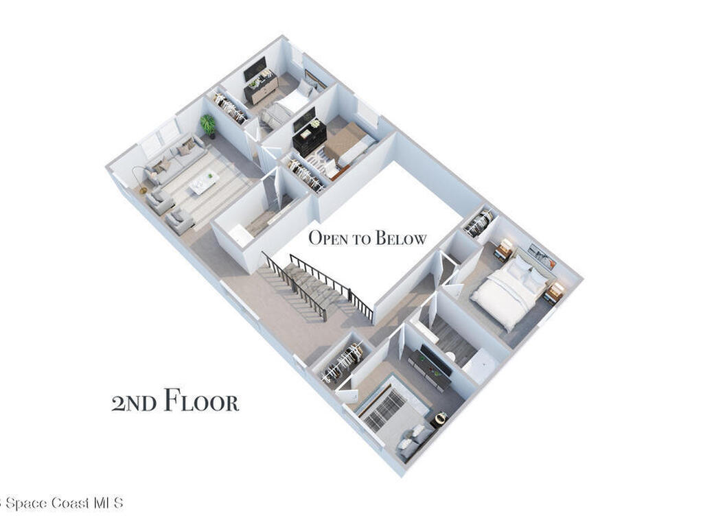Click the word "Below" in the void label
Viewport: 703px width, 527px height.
pyautogui.click(x=398, y=239)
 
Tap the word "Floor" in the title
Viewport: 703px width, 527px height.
pyautogui.click(x=201, y=402)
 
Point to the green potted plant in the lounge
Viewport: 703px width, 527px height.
pyautogui.click(x=208, y=125)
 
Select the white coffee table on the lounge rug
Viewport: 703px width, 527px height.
pyautogui.click(x=204, y=181)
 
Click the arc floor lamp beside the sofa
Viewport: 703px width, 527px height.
pyautogui.click(x=139, y=177)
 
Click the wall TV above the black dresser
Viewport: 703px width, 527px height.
pyautogui.click(x=304, y=119)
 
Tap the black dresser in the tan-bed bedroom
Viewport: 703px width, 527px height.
pyautogui.click(x=309, y=137)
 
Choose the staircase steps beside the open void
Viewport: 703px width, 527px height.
pyautogui.click(x=309, y=288)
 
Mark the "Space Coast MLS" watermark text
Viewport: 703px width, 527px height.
pyautogui.click(x=63, y=503)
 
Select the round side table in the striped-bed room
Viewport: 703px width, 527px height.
pyautogui.click(x=439, y=418)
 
